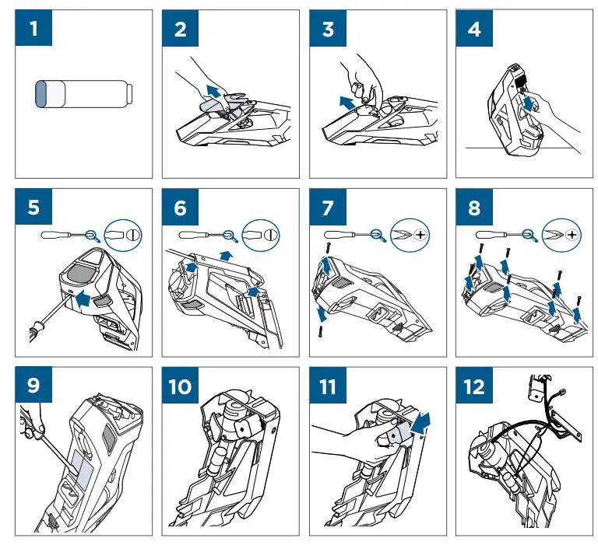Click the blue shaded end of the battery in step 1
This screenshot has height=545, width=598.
[41, 94]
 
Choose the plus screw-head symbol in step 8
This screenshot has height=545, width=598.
[573, 233]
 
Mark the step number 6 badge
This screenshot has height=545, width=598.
[181, 208]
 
